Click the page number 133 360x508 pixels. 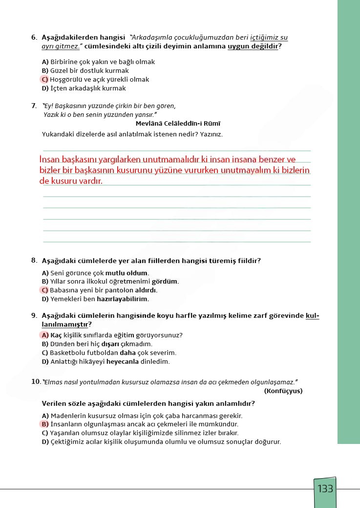pyautogui.click(x=325, y=488)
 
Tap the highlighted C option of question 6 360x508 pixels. pyautogui.click(x=45, y=80)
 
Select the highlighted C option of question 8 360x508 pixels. pyautogui.click(x=45, y=290)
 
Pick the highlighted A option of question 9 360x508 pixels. pyautogui.click(x=45, y=335)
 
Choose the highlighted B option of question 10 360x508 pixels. pyautogui.click(x=45, y=424)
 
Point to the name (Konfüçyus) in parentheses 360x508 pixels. pyautogui.click(x=283, y=391)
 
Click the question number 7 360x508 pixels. pyautogui.click(x=34, y=105)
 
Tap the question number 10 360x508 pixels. pyautogui.click(x=36, y=381)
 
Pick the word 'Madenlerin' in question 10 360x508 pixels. pyautogui.click(x=68, y=416)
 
